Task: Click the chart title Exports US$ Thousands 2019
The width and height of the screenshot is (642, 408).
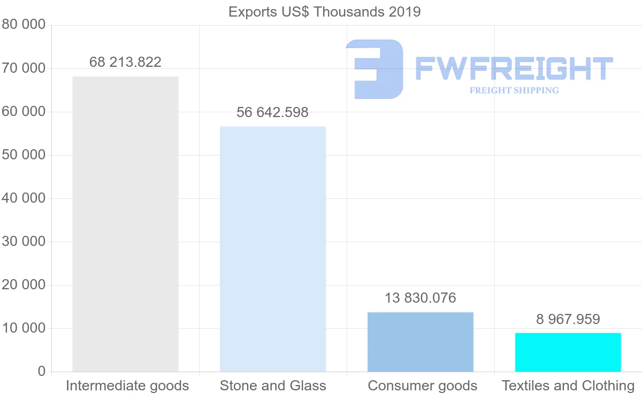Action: click(x=324, y=11)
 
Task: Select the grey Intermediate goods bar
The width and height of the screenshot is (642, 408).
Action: click(x=125, y=224)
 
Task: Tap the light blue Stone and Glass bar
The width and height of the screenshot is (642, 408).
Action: click(x=273, y=249)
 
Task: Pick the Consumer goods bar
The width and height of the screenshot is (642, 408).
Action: click(x=421, y=342)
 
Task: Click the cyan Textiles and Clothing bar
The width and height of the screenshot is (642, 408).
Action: click(x=568, y=352)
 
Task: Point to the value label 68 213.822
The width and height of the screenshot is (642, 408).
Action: click(x=125, y=63)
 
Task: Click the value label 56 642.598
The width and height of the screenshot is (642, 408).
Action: click(x=273, y=113)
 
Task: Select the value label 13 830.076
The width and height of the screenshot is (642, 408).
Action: click(x=421, y=298)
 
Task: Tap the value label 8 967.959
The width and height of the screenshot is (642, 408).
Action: click(x=568, y=319)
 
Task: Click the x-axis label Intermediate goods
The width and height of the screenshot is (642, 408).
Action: click(x=127, y=386)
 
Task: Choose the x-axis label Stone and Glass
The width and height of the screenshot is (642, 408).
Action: click(x=273, y=386)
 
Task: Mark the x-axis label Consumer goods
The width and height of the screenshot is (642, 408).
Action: click(x=423, y=386)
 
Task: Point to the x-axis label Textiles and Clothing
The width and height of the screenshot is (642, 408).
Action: click(x=568, y=386)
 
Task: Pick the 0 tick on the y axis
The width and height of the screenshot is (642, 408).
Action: click(x=42, y=372)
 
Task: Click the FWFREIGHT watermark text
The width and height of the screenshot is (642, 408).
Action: click(x=514, y=69)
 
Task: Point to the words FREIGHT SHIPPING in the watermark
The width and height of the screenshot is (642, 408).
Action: click(x=514, y=90)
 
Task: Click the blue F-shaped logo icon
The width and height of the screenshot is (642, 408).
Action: click(x=374, y=69)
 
